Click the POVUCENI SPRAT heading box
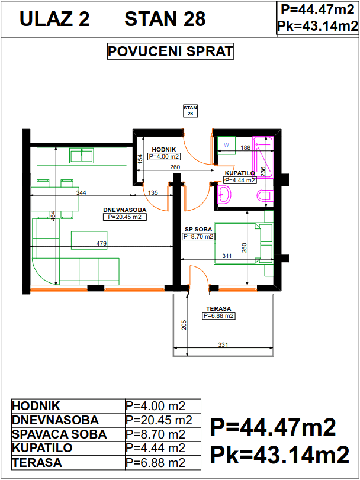[170, 51]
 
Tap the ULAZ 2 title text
[54, 19]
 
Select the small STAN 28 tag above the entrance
[190, 111]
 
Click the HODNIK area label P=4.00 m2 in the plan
[164, 157]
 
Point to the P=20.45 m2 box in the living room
[125, 217]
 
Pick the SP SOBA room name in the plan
[198, 229]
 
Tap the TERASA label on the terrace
[218, 308]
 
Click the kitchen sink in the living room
[82, 155]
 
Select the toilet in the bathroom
[265, 195]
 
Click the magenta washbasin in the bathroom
[224, 194]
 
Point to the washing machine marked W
[227, 145]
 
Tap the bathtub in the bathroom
[263, 157]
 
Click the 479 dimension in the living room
[101, 244]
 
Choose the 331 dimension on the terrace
[223, 344]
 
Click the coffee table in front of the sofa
[89, 240]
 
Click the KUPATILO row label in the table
[42, 448]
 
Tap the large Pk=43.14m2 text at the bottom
[280, 455]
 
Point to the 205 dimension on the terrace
[184, 325]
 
